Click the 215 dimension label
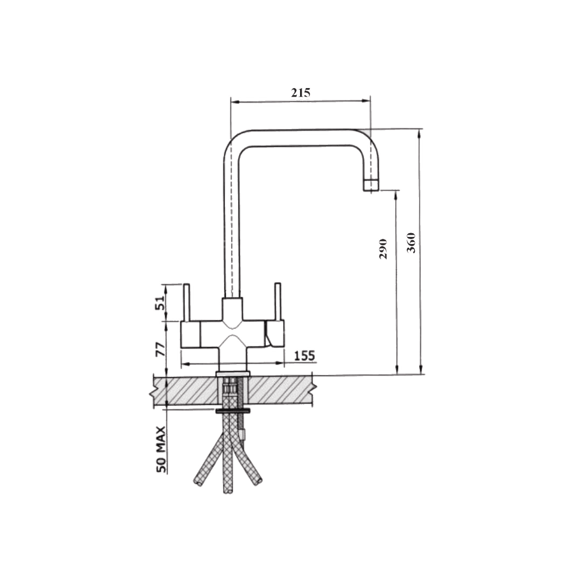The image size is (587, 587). pyautogui.click(x=301, y=92)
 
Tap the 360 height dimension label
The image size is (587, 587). pyautogui.click(x=411, y=242)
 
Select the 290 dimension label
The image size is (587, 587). pyautogui.click(x=383, y=249)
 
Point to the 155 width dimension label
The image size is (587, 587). pyautogui.click(x=304, y=355)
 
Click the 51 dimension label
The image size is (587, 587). pyautogui.click(x=160, y=302)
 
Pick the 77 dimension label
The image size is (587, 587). pyautogui.click(x=160, y=348)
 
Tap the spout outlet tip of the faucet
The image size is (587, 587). pyautogui.click(x=371, y=186)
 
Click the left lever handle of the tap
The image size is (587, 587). pyautogui.click(x=186, y=303)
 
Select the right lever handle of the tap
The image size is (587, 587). pyautogui.click(x=278, y=302)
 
